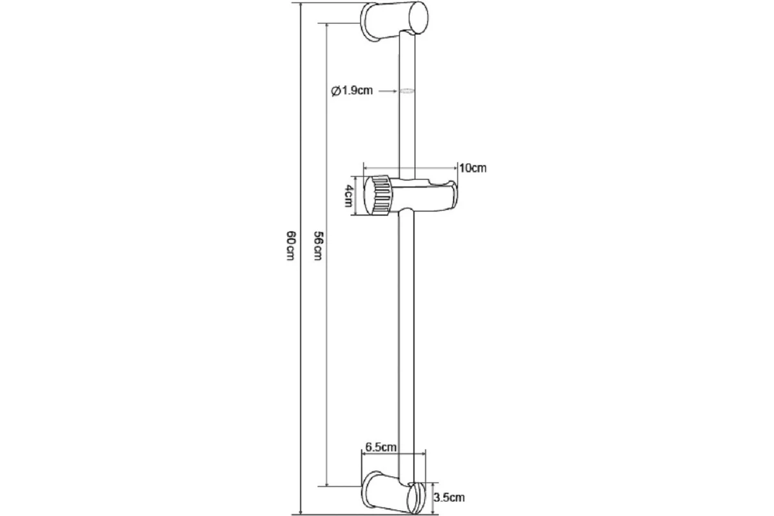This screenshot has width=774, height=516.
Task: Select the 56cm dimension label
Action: [x=318, y=245]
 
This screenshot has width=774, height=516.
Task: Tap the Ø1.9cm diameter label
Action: [x=352, y=91]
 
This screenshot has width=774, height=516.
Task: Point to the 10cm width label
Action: [x=473, y=168]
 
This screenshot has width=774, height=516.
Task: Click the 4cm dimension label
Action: [x=349, y=195]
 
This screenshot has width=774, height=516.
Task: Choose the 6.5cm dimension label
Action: [x=381, y=447]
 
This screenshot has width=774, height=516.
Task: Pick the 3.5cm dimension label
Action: [x=449, y=497]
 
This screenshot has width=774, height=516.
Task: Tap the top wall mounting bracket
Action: [x=394, y=21]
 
